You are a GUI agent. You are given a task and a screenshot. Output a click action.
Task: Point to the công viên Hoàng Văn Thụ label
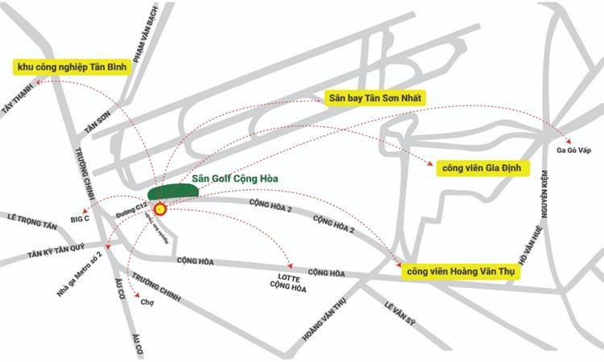tap(461, 272)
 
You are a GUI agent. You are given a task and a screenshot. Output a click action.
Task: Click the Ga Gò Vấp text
tap(574, 150)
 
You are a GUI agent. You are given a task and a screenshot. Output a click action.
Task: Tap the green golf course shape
tap(173, 191)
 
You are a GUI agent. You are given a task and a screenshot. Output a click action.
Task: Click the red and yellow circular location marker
tap(159, 209)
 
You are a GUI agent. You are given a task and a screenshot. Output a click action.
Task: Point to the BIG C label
tap(80, 218)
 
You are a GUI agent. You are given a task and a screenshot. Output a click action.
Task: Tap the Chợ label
tap(147, 303)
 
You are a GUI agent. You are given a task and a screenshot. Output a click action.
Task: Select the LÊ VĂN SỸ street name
tap(399, 316)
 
